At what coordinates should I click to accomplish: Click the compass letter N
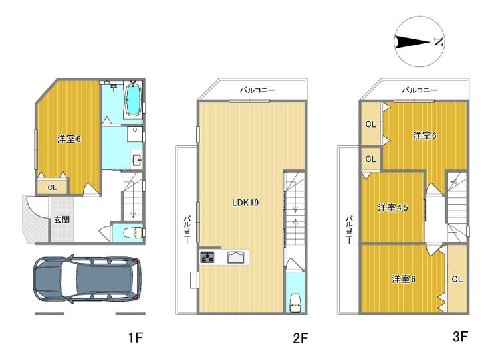pyautogui.click(x=438, y=41)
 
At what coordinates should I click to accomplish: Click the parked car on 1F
pyautogui.click(x=87, y=279)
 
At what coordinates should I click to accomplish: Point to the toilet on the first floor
pyautogui.click(x=134, y=232)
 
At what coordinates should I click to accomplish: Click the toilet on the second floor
pyautogui.click(x=295, y=303)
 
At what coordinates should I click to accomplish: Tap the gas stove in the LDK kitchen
pyautogui.click(x=207, y=256)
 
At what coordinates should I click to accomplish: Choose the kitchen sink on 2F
pyautogui.click(x=235, y=257)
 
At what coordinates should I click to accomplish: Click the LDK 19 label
pyautogui.click(x=245, y=203)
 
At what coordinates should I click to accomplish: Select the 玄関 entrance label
pyautogui.click(x=61, y=219)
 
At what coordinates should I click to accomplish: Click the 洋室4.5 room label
pyautogui.click(x=392, y=208)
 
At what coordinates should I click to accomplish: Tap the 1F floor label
pyautogui.click(x=136, y=337)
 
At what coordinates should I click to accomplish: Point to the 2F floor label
pyautogui.click(x=301, y=338)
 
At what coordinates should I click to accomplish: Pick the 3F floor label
pyautogui.click(x=460, y=337)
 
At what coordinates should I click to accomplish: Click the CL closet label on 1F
pyautogui.click(x=52, y=187)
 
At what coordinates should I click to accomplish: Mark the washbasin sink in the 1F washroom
pyautogui.click(x=137, y=160)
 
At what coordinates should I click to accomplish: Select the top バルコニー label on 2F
pyautogui.click(x=257, y=90)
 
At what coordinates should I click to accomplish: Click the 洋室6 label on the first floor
pyautogui.click(x=69, y=139)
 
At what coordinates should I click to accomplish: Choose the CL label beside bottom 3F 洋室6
pyautogui.click(x=457, y=279)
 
